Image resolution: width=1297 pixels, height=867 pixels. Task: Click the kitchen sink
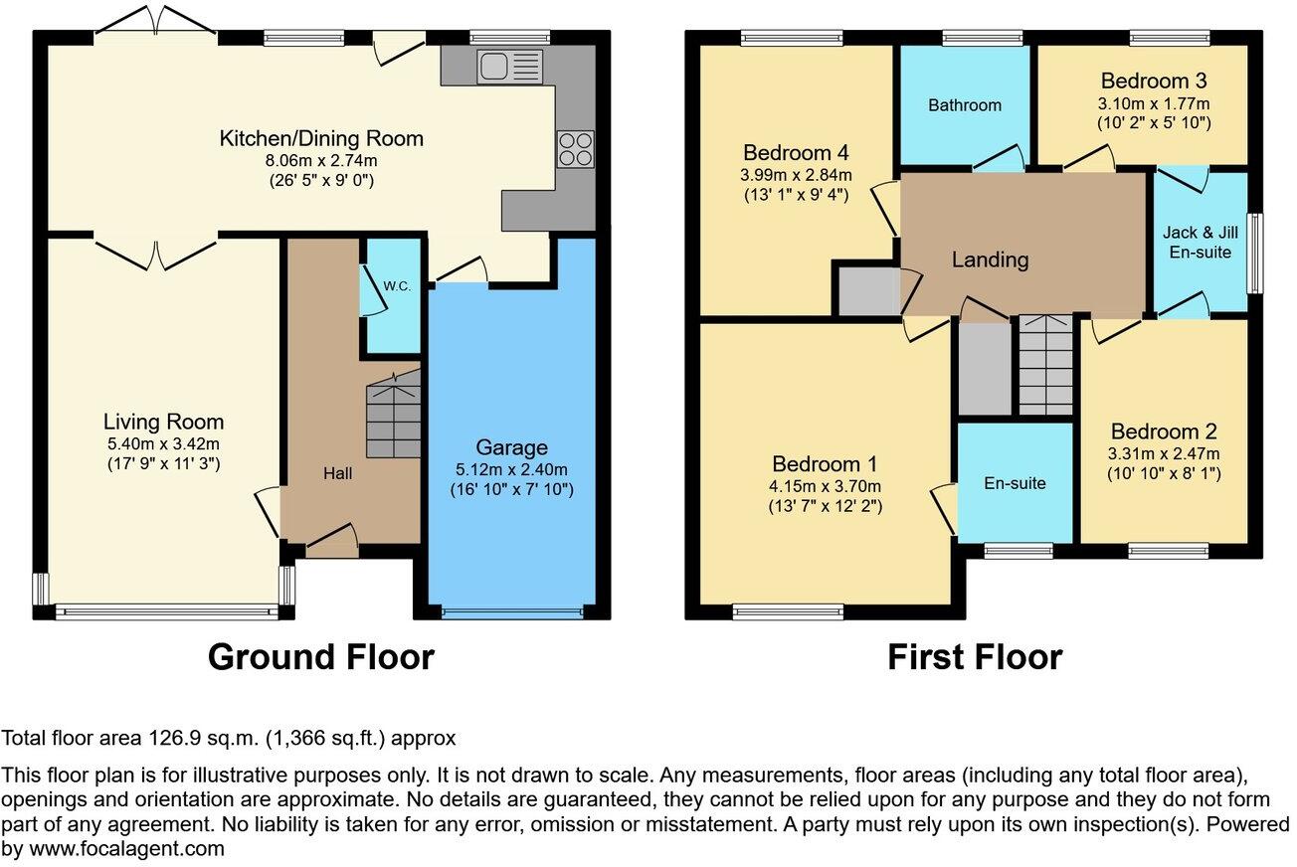[x=510, y=68]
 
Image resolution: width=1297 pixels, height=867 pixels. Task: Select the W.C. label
[x=398, y=286]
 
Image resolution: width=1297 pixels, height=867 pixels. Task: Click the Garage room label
[x=511, y=447]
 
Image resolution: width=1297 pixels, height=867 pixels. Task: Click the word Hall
[x=337, y=473]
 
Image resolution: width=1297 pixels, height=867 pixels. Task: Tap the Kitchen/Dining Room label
[x=321, y=138]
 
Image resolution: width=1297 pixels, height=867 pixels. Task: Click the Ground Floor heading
[x=321, y=657]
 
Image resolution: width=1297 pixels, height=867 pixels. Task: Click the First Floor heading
[x=974, y=657]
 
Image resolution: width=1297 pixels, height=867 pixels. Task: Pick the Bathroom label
[x=965, y=104]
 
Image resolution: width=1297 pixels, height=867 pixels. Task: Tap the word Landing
[x=990, y=260]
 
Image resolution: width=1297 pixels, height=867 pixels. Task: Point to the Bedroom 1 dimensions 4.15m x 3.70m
[x=826, y=486]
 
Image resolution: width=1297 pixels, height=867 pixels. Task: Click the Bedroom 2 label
[x=1164, y=432]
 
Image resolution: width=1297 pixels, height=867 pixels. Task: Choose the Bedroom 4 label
[x=796, y=153]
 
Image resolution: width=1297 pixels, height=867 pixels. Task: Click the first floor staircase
[x=1045, y=365]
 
